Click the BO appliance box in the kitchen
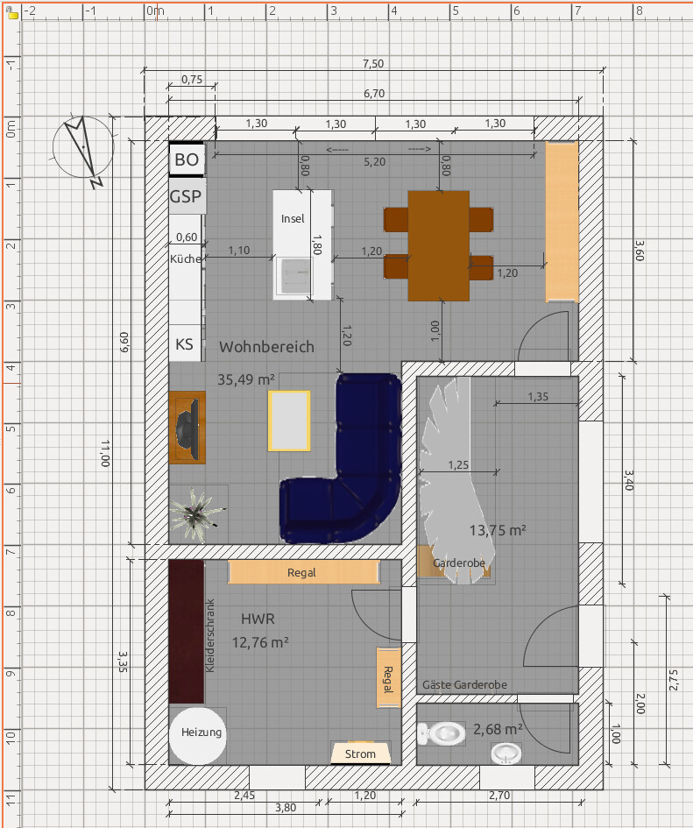pyautogui.click(x=187, y=159)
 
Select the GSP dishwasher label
pyautogui.click(x=186, y=196)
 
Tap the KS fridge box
pyautogui.click(x=185, y=343)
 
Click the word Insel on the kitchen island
pyautogui.click(x=293, y=219)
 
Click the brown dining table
pyautogui.click(x=438, y=246)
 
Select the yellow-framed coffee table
pyautogui.click(x=289, y=421)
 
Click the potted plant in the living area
pyautogui.click(x=196, y=513)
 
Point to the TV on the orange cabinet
pyautogui.click(x=188, y=428)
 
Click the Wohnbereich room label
pyautogui.click(x=266, y=347)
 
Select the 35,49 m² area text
pyautogui.click(x=246, y=379)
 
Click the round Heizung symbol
pyautogui.click(x=197, y=736)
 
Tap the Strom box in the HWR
pyautogui.click(x=361, y=754)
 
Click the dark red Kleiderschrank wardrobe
pyautogui.click(x=187, y=632)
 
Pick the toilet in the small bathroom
pyautogui.click(x=442, y=733)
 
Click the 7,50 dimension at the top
pyautogui.click(x=373, y=64)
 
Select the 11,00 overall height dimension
pyautogui.click(x=106, y=453)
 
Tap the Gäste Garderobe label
pyautogui.click(x=465, y=685)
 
